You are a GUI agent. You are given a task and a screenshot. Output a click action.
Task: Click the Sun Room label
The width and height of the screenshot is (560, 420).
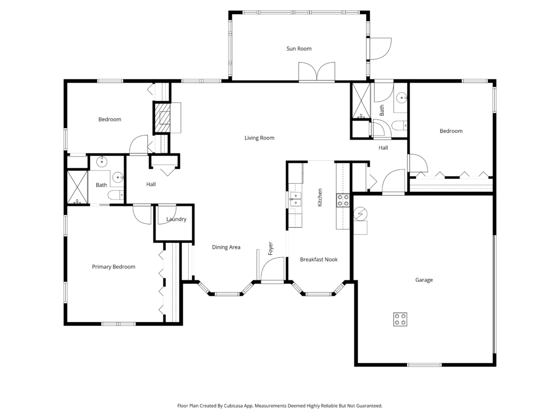point(299,48)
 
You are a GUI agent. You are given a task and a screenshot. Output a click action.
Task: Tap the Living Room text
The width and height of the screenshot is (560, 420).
point(259,138)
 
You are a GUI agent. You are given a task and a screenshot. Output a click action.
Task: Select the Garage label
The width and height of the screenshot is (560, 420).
point(424,280)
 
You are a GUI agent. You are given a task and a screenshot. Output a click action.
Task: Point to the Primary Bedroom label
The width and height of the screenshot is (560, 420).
point(114,267)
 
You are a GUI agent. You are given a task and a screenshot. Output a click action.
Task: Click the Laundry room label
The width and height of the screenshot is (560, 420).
point(177,219)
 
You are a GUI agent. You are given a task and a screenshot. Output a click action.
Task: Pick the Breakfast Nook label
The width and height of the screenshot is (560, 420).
point(319,259)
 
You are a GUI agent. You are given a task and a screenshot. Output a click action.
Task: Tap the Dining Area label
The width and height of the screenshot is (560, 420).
point(226,247)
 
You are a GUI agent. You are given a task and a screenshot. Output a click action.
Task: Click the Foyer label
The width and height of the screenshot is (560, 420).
point(270,248)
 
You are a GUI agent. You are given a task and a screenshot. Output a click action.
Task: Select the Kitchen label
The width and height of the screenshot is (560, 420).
point(320,197)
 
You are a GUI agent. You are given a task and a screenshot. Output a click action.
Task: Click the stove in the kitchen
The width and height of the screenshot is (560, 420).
point(343,200)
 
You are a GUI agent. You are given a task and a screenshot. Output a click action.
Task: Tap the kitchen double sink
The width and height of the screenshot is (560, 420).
point(295,199)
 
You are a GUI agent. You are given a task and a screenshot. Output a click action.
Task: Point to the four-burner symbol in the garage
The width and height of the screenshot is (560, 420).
point(400,319)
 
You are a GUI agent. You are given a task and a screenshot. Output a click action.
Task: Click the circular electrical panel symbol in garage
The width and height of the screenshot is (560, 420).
point(360,214)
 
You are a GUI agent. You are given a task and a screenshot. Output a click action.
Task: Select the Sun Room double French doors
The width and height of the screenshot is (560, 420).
point(317,72)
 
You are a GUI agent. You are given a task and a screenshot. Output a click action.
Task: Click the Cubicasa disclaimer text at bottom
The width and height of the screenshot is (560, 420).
point(279,406)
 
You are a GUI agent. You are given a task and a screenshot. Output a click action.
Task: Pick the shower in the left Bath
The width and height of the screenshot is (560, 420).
point(78,187)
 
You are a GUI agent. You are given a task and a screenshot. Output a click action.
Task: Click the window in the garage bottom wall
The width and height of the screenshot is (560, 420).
point(425,365)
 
